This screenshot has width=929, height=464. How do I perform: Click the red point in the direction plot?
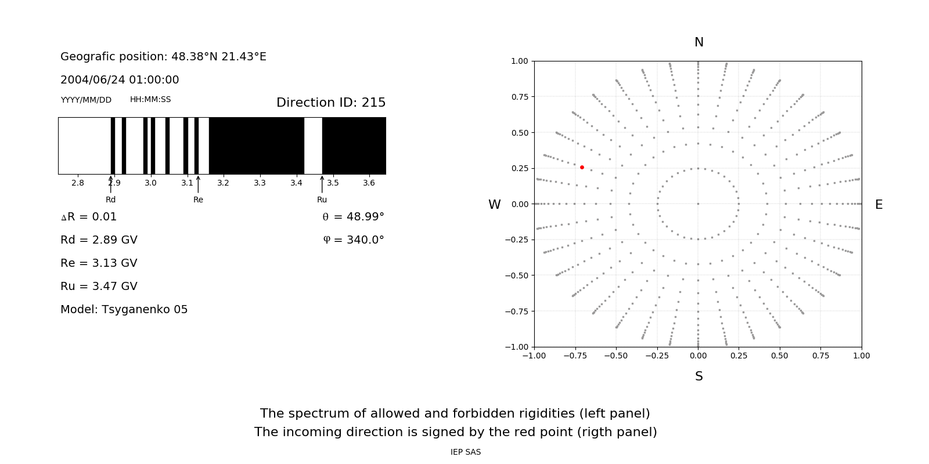pyautogui.click(x=582, y=167)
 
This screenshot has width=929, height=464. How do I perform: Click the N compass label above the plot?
pyautogui.click(x=699, y=42)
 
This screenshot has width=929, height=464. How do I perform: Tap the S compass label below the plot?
pyautogui.click(x=699, y=376)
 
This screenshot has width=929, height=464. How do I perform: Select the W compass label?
pyautogui.click(x=494, y=205)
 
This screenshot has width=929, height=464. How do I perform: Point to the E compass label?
pyautogui.click(x=878, y=205)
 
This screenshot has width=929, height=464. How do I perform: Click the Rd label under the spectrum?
pyautogui.click(x=110, y=200)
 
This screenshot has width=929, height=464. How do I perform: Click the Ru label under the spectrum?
pyautogui.click(x=322, y=200)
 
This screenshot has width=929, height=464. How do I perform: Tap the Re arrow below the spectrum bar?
pyautogui.click(x=198, y=184)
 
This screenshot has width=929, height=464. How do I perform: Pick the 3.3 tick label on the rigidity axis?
pyautogui.click(x=260, y=183)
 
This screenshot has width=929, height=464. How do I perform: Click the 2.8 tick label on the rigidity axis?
pyautogui.click(x=77, y=183)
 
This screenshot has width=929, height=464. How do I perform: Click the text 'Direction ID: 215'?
pyautogui.click(x=331, y=103)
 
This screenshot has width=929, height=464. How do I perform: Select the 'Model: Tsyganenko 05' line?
pyautogui.click(x=124, y=310)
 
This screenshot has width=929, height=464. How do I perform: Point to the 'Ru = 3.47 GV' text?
pyautogui.click(x=99, y=287)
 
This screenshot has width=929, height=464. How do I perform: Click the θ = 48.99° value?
pyautogui.click(x=353, y=217)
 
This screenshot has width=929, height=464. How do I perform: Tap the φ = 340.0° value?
pyautogui.click(x=353, y=240)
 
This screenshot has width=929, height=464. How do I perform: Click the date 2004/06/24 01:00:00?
pyautogui.click(x=120, y=80)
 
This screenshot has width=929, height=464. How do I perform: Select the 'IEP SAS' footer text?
pyautogui.click(x=466, y=452)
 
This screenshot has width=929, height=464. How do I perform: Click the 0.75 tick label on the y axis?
pyautogui.click(x=519, y=97)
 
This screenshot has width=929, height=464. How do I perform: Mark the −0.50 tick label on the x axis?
pyautogui.click(x=616, y=356)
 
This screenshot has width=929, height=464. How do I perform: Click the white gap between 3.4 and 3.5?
pyautogui.click(x=313, y=146)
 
